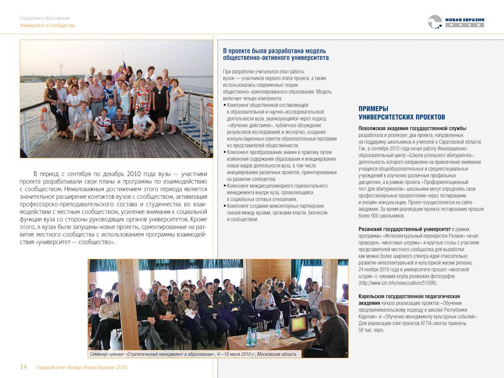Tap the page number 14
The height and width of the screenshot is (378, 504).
(24, 367)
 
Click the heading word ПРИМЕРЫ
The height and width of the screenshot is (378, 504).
(373, 109)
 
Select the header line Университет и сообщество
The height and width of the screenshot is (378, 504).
(47, 26)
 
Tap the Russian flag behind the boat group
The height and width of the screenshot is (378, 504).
(124, 65)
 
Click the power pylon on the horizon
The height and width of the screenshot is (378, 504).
(61, 69)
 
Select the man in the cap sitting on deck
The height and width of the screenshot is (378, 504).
(142, 124)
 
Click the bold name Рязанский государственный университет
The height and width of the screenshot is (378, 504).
(404, 229)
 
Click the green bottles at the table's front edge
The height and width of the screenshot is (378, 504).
(251, 336)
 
